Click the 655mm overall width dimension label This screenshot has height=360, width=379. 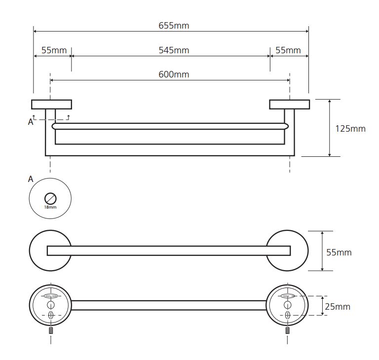174,26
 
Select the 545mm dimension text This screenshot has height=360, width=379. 174,50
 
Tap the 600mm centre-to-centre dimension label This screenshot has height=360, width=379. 174,74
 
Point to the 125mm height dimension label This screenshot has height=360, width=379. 350,129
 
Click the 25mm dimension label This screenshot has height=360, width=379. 338,307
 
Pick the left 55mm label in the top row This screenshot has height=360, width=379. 54,50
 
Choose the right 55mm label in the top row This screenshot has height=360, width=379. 288,50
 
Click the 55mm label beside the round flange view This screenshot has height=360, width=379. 339,252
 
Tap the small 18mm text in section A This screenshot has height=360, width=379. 50,207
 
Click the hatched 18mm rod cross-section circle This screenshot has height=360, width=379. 50,199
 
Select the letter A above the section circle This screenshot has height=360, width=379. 31,179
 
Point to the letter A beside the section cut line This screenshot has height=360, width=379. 31,122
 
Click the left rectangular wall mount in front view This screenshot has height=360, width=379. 51,105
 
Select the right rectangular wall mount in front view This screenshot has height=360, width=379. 290,105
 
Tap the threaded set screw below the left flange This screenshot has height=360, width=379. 51,330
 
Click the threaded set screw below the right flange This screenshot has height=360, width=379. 287,330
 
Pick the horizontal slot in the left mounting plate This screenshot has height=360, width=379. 50,296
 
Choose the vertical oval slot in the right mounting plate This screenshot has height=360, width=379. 287,315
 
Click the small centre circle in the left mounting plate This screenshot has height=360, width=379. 50,305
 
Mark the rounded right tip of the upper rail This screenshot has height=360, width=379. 288,126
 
